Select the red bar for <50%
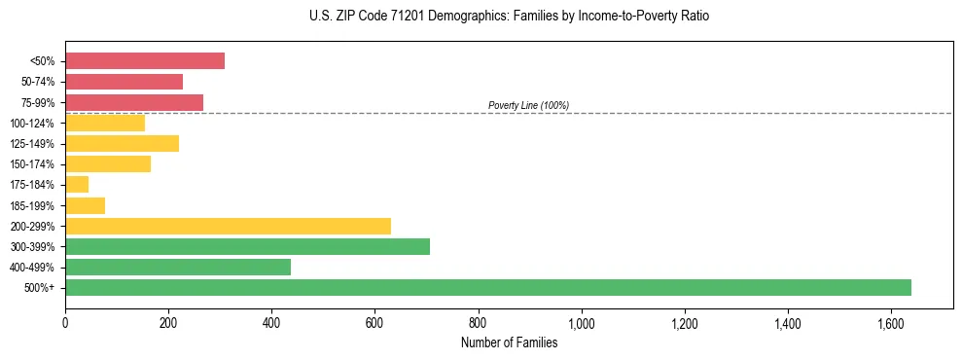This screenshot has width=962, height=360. point(145,61)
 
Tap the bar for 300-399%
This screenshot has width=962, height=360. point(247,246)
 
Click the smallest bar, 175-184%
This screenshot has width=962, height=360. point(77,185)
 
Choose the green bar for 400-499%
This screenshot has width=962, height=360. point(178,267)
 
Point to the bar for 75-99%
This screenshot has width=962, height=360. point(134,102)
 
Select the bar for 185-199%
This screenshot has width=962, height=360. point(85,205)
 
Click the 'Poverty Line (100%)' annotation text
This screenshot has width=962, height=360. point(528,105)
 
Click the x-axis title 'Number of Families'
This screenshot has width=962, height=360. point(510,342)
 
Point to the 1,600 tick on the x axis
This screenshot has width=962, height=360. point(891,322)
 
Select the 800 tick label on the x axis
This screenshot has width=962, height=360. point(478,322)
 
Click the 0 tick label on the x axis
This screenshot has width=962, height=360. point(65,322)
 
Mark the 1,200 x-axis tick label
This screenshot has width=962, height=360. point(685,322)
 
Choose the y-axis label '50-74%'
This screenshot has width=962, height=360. point(38,82)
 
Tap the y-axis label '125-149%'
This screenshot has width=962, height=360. point(35,144)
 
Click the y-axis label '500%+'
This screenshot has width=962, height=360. point(40,288)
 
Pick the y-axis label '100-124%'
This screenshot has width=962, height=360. point(35,124)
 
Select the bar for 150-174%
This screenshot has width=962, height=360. point(108,164)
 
